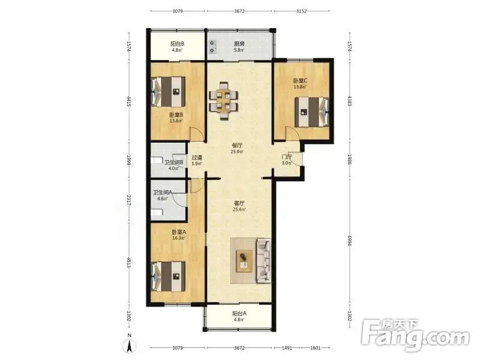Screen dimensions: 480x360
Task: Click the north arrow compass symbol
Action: click(x=130, y=347)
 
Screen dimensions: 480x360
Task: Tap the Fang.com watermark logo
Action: click(x=415, y=335)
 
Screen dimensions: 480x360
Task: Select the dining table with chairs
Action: click(x=223, y=101)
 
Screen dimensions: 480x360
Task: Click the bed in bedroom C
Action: click(x=311, y=112)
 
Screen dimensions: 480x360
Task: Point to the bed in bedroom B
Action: click(x=169, y=92)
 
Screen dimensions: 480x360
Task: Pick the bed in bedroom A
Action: click(x=169, y=276)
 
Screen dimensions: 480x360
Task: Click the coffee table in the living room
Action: click(x=244, y=260)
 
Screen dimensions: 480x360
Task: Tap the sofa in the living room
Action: click(x=263, y=260)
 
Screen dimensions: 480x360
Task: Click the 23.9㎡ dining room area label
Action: click(x=237, y=152)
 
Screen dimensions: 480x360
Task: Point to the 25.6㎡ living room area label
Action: click(x=239, y=209)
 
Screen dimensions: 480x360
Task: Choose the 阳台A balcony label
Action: click(x=239, y=313)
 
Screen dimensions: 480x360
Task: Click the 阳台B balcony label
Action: click(x=177, y=44)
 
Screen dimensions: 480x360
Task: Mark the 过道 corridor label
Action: click(x=197, y=158)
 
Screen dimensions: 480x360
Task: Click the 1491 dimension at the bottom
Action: click(x=287, y=348)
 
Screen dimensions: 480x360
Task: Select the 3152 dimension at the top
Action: click(x=301, y=11)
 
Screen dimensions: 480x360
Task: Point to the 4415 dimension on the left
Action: click(x=129, y=101)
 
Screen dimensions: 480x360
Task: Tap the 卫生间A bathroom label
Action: click(x=163, y=193)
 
